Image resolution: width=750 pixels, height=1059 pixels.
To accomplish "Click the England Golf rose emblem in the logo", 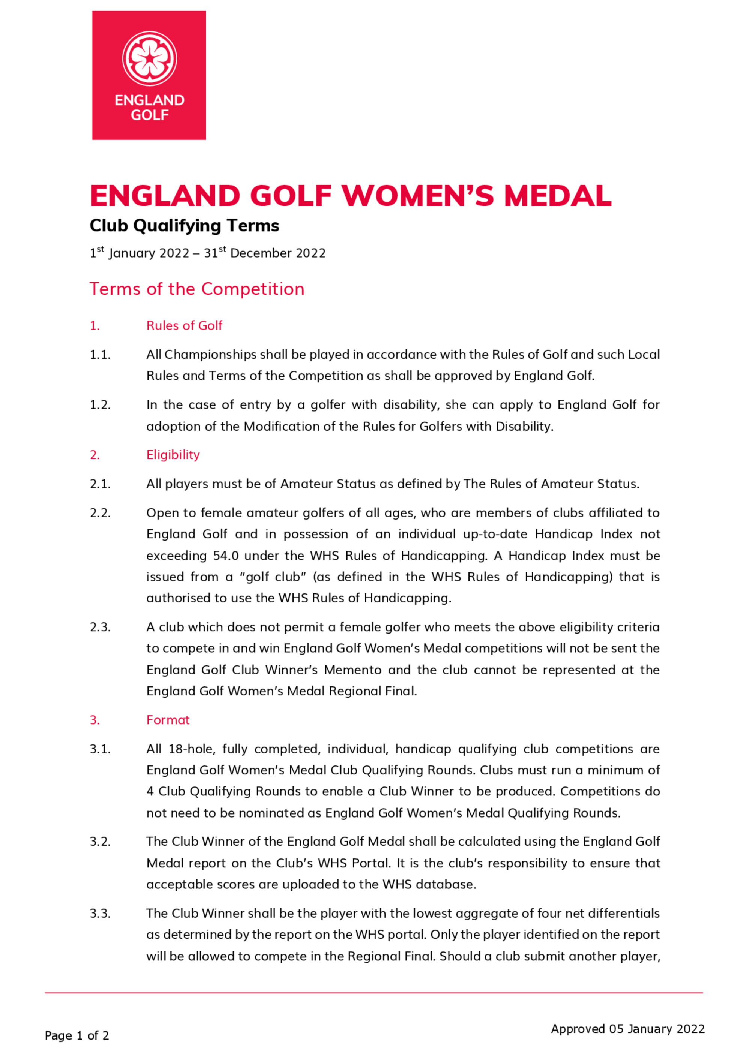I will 149,58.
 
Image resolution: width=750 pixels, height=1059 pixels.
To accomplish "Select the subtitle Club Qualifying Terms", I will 184,226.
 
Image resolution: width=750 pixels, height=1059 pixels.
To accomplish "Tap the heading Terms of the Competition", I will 197,289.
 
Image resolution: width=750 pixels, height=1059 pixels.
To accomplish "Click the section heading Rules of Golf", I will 184,325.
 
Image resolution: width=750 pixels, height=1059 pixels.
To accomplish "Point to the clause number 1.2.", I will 100,405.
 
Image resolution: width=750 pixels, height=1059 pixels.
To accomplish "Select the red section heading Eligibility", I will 173,455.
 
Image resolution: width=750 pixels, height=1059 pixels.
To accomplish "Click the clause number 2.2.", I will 100,513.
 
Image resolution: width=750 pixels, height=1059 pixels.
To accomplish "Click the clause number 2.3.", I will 100,627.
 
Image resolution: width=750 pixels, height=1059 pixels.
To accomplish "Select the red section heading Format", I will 168,720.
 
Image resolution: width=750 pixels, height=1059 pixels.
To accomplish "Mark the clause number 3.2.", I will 100,842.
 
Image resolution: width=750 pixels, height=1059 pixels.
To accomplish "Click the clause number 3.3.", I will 100,913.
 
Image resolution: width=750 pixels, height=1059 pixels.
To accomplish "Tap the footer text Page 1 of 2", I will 76,1035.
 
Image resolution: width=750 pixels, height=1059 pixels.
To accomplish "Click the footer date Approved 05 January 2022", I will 628,1029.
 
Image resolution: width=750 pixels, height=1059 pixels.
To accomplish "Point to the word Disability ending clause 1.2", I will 524,426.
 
